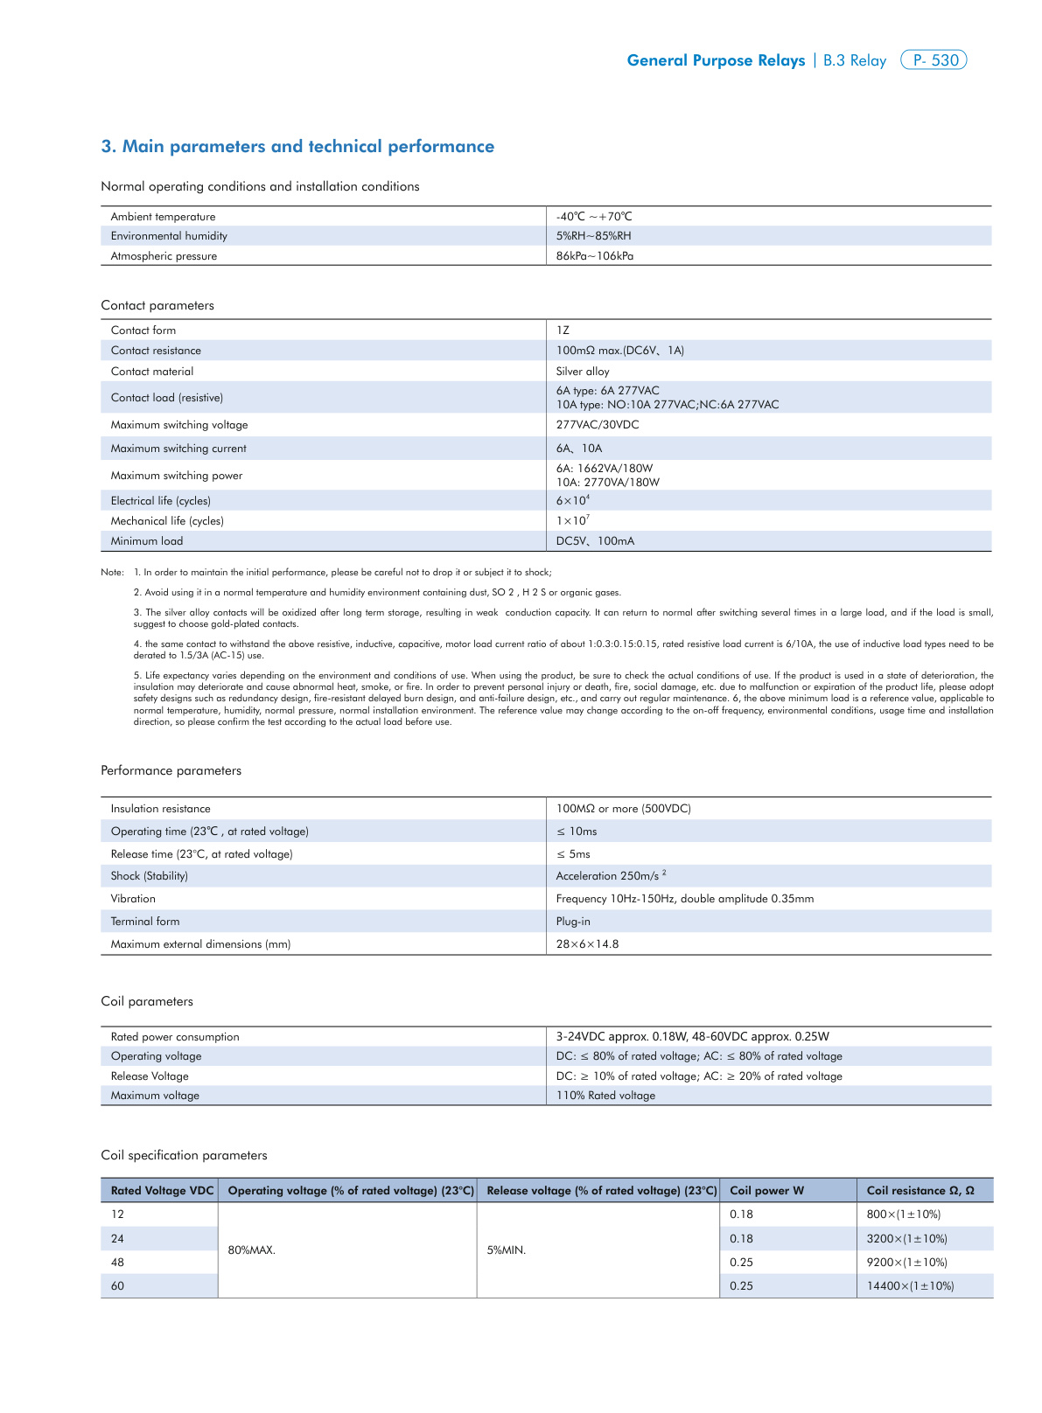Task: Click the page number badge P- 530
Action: (x=934, y=60)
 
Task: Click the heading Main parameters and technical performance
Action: (x=298, y=147)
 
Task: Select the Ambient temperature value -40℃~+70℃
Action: (x=594, y=217)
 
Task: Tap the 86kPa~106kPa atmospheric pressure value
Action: (x=595, y=256)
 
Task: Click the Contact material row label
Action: (x=152, y=372)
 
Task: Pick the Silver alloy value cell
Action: (x=583, y=372)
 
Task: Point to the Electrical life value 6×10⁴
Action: (x=573, y=500)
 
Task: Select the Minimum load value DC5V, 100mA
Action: (x=595, y=541)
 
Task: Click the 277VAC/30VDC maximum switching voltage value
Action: (x=598, y=425)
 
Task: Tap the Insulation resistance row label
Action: (x=160, y=809)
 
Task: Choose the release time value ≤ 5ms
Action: (x=574, y=854)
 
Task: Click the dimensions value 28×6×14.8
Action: (x=587, y=944)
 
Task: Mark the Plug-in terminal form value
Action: (x=573, y=922)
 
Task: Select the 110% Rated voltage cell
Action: (x=605, y=1096)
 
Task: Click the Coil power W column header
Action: (x=766, y=1191)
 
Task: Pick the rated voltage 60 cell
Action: (x=117, y=1286)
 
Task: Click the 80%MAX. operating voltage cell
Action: (x=252, y=1250)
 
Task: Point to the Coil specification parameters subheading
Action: (x=184, y=1156)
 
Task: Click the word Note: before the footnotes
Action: (x=112, y=573)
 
